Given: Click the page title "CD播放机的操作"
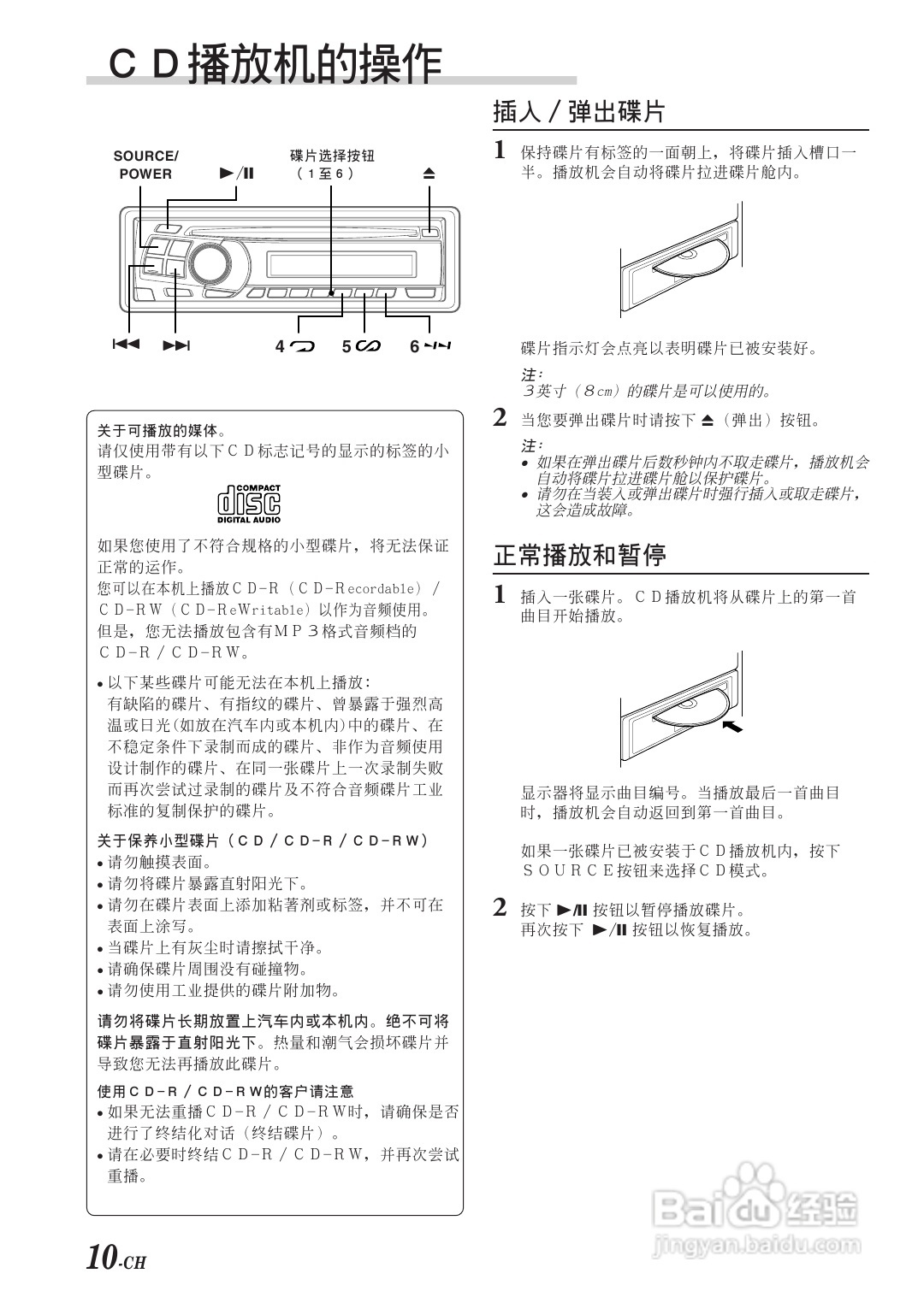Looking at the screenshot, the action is tap(275, 63).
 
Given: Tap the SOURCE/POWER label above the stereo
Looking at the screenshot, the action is tap(146, 165).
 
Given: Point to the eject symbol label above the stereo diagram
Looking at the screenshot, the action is tap(429, 173).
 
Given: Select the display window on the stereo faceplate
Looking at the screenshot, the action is tap(341, 264).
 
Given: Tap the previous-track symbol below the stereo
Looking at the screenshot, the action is tap(126, 345).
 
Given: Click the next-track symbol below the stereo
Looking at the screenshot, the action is tap(177, 345).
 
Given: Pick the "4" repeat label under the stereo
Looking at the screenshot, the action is tap(295, 346).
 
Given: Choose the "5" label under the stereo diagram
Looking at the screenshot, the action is tap(361, 346).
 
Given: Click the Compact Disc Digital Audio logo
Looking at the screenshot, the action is tap(249, 504).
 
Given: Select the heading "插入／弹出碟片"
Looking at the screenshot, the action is tap(579, 112).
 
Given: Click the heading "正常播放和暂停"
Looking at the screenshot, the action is tap(579, 555).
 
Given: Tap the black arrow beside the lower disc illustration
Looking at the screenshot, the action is tap(732, 726).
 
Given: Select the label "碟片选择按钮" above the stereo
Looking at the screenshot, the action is tap(332, 155).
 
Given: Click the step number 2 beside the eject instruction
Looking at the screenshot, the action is tap(500, 417).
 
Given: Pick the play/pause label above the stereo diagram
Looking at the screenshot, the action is tap(237, 173).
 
